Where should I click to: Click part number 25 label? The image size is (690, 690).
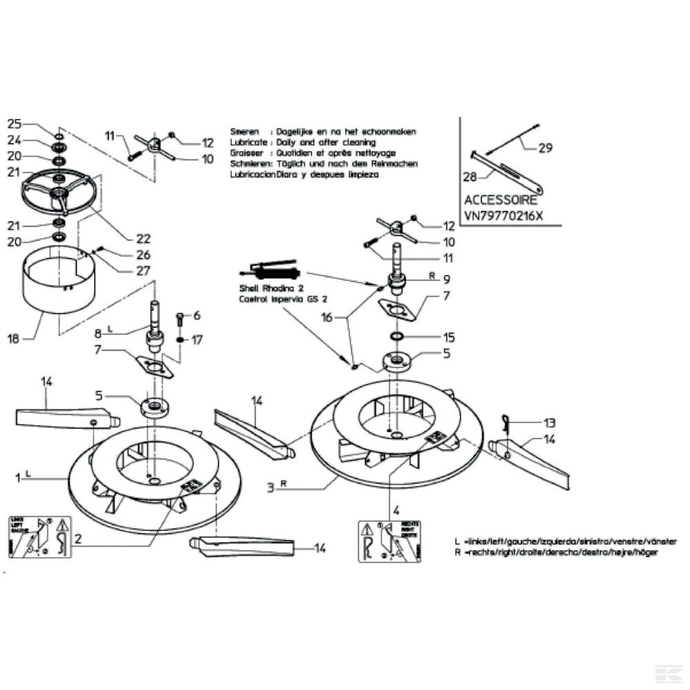click(15, 124)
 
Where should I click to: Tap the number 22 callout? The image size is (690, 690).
click(143, 238)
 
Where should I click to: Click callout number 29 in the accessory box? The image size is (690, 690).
click(544, 147)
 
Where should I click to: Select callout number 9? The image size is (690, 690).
click(446, 279)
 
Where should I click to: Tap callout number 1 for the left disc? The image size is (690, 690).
click(15, 477)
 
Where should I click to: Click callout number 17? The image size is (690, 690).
click(197, 339)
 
